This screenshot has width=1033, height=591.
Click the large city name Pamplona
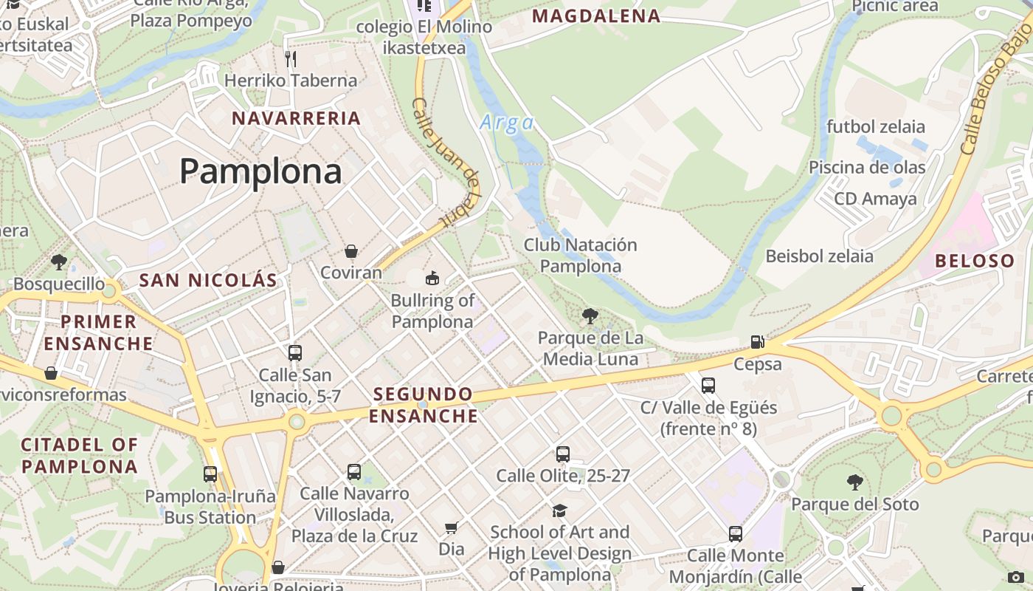point(260,171)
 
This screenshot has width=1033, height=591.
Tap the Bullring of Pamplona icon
point(432,279)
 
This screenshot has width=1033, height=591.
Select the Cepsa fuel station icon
point(757,342)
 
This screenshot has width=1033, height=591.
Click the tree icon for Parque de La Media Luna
point(590,317)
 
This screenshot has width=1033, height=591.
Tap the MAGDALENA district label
point(596,16)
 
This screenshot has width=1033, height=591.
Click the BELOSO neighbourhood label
point(975,261)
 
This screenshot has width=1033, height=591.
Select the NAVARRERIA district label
point(297,118)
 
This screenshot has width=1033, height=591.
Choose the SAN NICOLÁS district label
point(208,280)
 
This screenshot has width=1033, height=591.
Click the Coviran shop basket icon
point(351,252)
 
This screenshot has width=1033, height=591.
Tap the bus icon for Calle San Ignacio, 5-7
point(295,353)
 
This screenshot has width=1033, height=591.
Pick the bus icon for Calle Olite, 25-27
point(563,454)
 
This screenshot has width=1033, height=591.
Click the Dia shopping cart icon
point(451,527)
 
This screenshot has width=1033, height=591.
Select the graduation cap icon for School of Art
point(559,510)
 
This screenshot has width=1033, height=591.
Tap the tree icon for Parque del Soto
point(854,483)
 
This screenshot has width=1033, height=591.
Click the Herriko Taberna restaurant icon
point(291,58)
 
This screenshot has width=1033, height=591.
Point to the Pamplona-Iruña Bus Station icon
point(210,474)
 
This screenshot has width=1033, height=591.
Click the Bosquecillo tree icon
point(59,262)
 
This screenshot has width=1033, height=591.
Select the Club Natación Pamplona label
point(580,256)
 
